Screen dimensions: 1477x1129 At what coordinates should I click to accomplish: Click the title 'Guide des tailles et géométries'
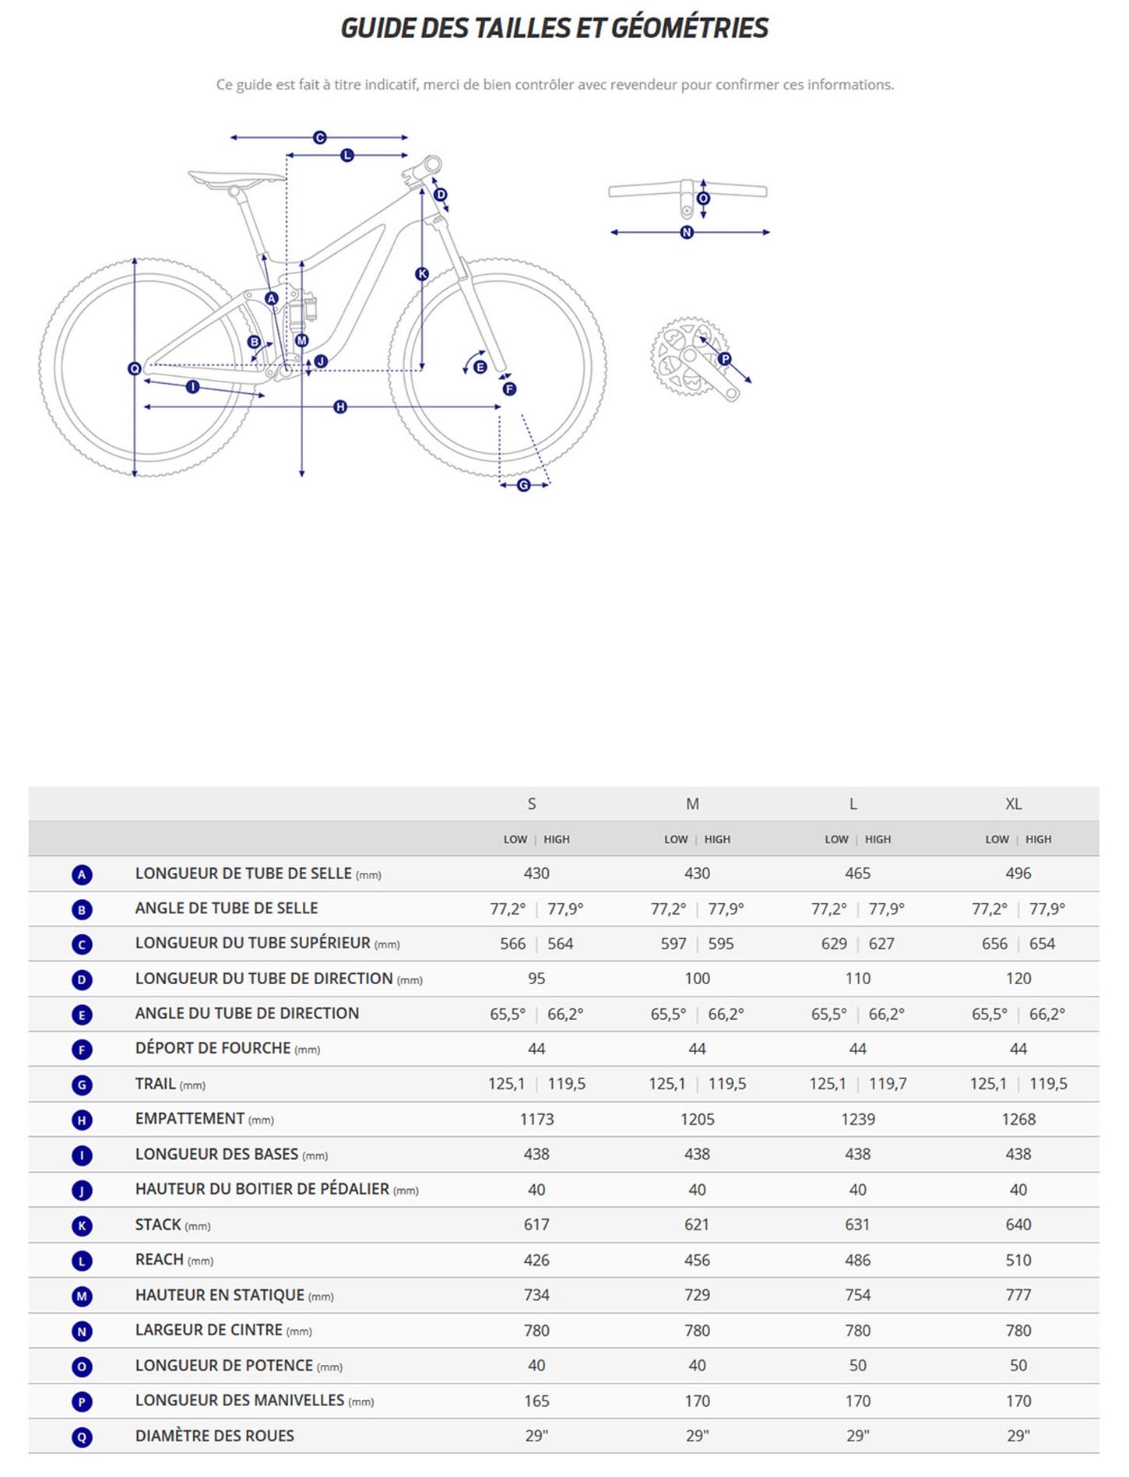[554, 28]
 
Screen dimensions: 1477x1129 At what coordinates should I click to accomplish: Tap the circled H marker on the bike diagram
[340, 406]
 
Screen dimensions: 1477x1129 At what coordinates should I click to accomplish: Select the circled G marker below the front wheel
[523, 485]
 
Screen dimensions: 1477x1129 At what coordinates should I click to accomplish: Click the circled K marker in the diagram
[422, 273]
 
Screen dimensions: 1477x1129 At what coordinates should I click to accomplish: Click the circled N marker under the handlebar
[687, 232]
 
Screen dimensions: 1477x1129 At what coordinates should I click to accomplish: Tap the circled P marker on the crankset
[725, 359]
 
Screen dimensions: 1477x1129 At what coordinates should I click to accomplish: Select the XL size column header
[1013, 804]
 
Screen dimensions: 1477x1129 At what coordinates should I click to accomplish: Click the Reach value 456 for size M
[697, 1260]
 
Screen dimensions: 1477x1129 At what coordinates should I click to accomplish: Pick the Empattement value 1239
[858, 1119]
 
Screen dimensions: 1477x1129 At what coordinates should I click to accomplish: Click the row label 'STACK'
[158, 1225]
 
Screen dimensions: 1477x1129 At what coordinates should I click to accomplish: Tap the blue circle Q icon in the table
[82, 1437]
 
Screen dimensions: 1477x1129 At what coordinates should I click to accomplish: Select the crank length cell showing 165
[536, 1401]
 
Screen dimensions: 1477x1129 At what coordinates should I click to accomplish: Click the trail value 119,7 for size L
[888, 1084]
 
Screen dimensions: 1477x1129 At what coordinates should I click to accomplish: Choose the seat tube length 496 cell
[1018, 874]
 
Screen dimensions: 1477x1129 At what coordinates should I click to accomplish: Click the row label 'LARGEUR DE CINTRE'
[209, 1330]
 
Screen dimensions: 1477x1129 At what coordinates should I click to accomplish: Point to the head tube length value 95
[536, 979]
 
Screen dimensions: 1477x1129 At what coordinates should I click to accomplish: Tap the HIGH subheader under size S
[557, 839]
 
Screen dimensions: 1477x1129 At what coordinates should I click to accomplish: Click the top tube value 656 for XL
[994, 944]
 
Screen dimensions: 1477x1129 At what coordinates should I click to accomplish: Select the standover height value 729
[697, 1295]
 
